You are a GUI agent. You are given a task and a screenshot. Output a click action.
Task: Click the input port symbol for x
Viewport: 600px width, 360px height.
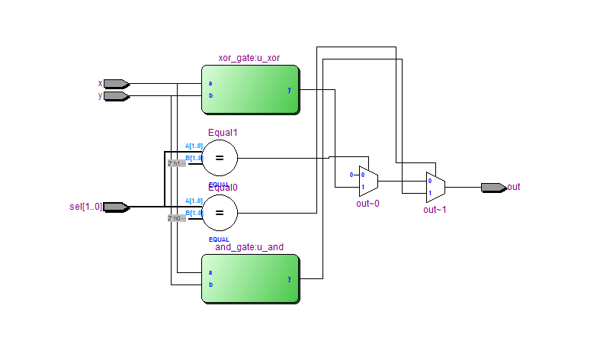tap(115, 84)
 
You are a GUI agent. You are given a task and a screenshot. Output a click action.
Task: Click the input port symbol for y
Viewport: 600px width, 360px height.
tap(115, 96)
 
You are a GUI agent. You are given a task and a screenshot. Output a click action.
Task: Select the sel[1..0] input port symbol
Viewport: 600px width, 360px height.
tap(115, 207)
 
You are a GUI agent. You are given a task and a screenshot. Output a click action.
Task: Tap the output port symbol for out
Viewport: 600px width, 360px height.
tap(493, 187)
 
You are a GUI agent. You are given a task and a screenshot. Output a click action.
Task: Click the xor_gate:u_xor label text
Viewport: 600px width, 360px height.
tap(249, 58)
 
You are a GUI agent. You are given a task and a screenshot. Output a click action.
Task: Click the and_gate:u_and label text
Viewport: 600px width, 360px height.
tap(249, 247)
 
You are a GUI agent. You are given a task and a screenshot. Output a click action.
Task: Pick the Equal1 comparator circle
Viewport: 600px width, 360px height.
tap(220, 158)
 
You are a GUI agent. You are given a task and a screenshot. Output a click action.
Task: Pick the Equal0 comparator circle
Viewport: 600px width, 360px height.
tap(220, 213)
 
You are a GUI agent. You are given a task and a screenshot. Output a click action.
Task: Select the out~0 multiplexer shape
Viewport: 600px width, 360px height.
tap(367, 181)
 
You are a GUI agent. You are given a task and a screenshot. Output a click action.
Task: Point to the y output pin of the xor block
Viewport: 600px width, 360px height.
tap(289, 90)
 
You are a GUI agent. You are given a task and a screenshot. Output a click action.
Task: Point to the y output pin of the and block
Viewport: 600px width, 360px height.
tap(289, 278)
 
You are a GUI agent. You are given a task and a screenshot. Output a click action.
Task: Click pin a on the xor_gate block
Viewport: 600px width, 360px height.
tap(210, 84)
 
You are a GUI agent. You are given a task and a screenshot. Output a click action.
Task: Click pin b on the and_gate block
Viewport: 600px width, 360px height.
tap(210, 284)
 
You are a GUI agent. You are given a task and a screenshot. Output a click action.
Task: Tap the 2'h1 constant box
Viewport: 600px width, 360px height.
tap(176, 163)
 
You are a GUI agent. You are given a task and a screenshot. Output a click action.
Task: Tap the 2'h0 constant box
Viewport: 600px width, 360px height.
tap(176, 218)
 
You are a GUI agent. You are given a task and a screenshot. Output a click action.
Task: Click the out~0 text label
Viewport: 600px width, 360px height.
tap(367, 204)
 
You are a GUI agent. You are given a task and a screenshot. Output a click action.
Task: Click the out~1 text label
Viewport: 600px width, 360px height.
tap(435, 209)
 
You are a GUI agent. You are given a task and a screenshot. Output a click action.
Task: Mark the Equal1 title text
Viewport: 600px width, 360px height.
tap(223, 132)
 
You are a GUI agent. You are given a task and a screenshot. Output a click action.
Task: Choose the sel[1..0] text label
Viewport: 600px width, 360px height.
tap(85, 207)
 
